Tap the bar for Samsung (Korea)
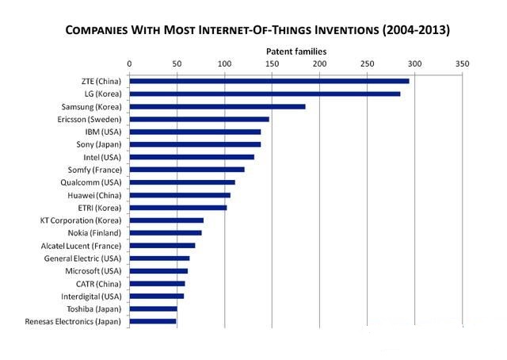(x=217, y=106)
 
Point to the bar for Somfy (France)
(x=187, y=170)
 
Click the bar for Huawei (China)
(x=180, y=195)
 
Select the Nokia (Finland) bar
(x=166, y=233)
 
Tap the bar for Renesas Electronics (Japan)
(x=153, y=321)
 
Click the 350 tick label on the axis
(x=462, y=63)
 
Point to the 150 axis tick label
(x=272, y=63)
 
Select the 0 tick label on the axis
(x=129, y=63)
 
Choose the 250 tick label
(x=367, y=63)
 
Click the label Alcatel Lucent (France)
(x=81, y=246)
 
